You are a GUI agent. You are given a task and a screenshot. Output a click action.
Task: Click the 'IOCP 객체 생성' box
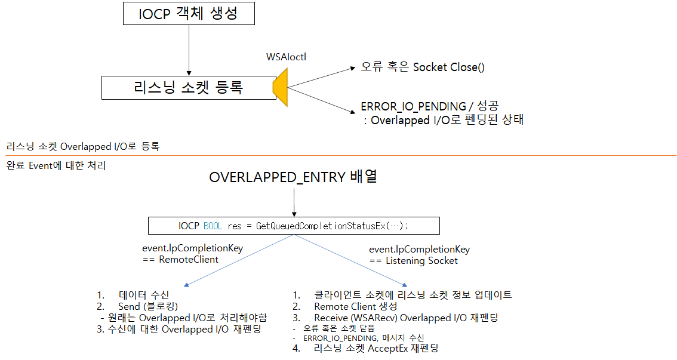[x=188, y=14]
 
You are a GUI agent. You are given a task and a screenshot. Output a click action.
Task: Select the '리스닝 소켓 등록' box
[x=188, y=88]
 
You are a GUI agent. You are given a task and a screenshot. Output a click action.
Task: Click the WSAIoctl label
[x=287, y=57]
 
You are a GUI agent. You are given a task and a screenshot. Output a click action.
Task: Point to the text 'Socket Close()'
[x=449, y=67]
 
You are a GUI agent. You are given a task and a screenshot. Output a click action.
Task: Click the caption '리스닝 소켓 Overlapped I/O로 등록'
[x=83, y=146]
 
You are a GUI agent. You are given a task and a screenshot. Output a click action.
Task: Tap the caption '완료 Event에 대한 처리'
[x=56, y=165]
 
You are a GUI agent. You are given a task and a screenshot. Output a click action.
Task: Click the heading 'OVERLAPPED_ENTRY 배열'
[x=293, y=177]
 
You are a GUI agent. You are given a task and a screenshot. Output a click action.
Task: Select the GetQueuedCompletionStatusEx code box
[x=293, y=226]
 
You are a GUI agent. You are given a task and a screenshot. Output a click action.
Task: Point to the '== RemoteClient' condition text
[x=180, y=260]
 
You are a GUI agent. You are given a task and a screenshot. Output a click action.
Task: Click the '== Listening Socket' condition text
[x=413, y=260]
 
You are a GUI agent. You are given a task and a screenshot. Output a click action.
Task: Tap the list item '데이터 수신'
[x=144, y=295]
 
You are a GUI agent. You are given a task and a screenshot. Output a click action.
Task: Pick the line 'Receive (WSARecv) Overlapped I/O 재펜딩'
[x=406, y=318]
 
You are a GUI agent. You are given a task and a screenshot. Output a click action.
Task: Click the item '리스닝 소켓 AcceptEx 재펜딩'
[x=376, y=348]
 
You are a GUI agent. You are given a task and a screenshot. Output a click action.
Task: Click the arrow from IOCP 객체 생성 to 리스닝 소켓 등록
[x=188, y=50]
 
